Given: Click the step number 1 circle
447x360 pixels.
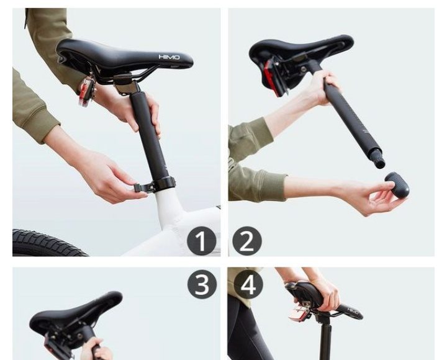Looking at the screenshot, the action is [x=201, y=241].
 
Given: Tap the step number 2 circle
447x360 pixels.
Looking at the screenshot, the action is [x=247, y=241].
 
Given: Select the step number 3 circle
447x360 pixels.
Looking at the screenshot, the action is [x=202, y=284].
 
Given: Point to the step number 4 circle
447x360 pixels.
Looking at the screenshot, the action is [x=248, y=284].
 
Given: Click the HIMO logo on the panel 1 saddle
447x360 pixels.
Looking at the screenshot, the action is [x=169, y=57].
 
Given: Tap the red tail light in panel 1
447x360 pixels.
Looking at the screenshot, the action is [x=86, y=92].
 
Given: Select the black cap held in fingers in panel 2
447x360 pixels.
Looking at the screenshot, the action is [x=397, y=184].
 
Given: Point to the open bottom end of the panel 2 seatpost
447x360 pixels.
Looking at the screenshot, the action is [x=381, y=164].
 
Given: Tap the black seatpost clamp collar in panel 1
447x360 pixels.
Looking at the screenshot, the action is [x=164, y=183].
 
